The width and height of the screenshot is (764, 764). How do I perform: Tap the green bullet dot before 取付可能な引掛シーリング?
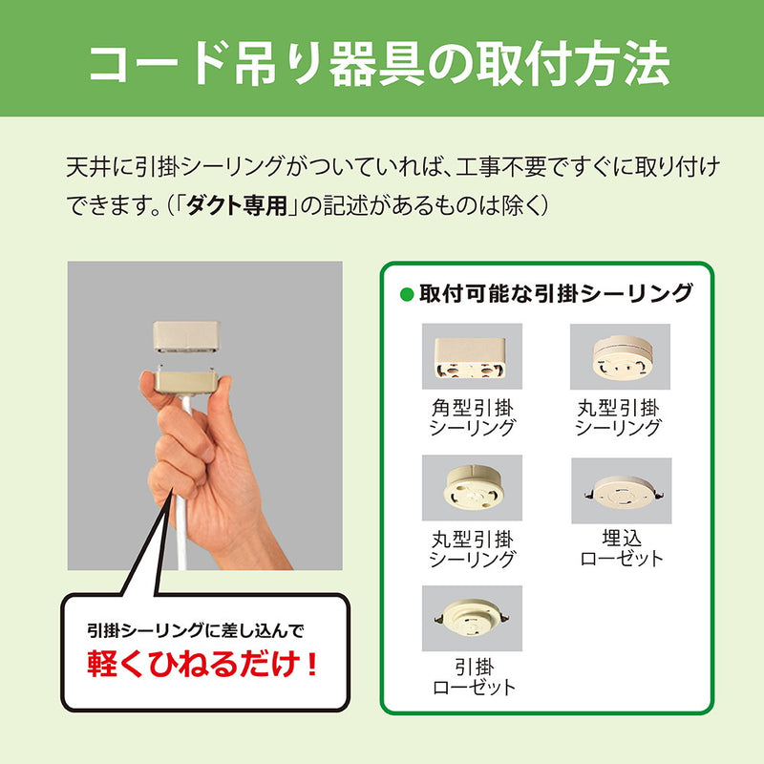407,294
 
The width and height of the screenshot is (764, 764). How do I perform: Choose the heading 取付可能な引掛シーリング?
555,294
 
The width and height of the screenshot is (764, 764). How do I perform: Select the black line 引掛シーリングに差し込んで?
194,630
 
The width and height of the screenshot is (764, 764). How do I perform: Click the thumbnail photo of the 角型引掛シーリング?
472,356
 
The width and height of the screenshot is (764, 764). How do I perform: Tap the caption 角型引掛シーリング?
472,418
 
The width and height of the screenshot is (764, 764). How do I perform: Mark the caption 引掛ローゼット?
472,677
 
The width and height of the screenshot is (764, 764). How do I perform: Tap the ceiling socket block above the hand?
187,337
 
